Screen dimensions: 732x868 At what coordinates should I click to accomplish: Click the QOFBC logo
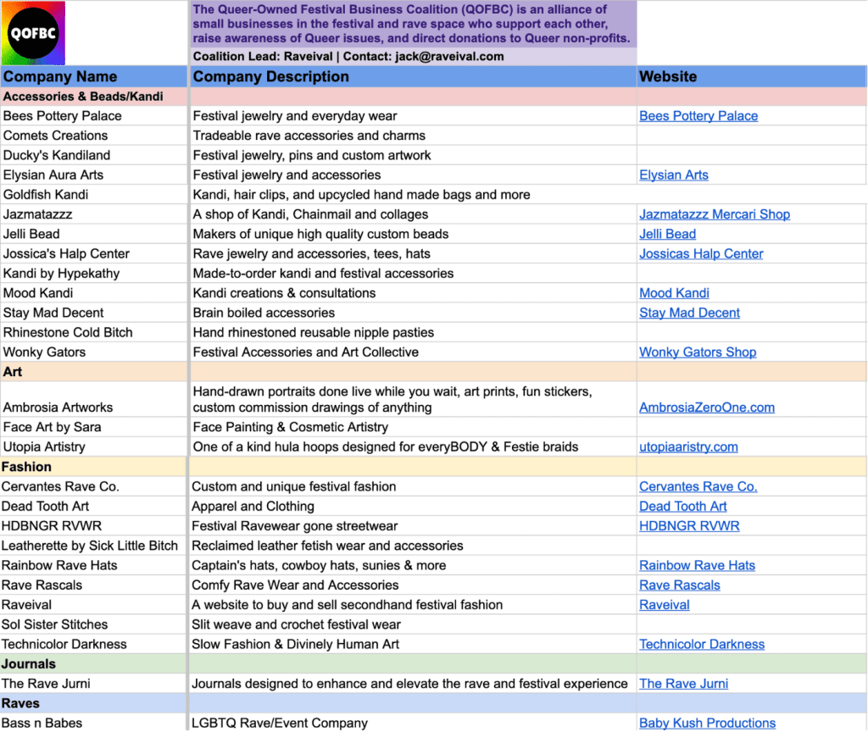pyautogui.click(x=33, y=33)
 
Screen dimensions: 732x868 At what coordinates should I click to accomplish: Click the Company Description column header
pyautogui.click(x=270, y=76)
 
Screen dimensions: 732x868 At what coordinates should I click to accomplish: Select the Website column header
pyautogui.click(x=668, y=76)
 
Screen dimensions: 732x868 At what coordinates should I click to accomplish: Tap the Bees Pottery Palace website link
pyautogui.click(x=698, y=116)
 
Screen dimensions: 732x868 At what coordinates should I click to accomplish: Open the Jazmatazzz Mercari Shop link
pyautogui.click(x=715, y=214)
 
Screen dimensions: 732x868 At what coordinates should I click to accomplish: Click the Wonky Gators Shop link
pyautogui.click(x=698, y=352)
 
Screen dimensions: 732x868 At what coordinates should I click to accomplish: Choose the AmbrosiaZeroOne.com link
pyautogui.click(x=707, y=408)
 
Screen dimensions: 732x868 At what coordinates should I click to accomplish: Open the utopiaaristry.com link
pyautogui.click(x=688, y=447)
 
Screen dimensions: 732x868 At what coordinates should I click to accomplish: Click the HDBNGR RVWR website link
pyautogui.click(x=689, y=526)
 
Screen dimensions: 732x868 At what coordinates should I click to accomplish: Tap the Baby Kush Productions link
pyautogui.click(x=707, y=724)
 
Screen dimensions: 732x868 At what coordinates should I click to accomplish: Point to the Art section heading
pyautogui.click(x=13, y=372)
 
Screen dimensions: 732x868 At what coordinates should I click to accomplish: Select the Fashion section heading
pyautogui.click(x=26, y=467)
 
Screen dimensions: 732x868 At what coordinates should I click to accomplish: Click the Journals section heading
pyautogui.click(x=29, y=664)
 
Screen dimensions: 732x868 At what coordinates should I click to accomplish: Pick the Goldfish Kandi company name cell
pyautogui.click(x=46, y=195)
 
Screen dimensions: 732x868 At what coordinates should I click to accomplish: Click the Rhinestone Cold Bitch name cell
pyautogui.click(x=68, y=333)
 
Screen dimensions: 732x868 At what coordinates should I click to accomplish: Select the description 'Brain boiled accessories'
pyautogui.click(x=264, y=313)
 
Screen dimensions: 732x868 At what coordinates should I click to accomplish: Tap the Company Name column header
pyautogui.click(x=60, y=76)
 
